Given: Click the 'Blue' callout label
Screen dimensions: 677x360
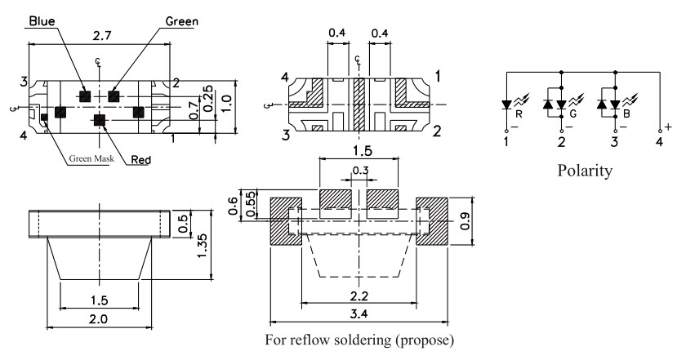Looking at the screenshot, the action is tap(42, 20).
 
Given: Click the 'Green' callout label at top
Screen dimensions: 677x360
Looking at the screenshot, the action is tap(182, 21).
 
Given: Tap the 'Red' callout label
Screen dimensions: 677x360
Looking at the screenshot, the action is tap(141, 160).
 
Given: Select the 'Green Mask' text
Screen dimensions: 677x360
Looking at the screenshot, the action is tap(91, 158).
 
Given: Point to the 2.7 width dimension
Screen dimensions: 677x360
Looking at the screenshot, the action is tap(102, 35).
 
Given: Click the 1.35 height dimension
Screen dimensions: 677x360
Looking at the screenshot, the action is tap(202, 246).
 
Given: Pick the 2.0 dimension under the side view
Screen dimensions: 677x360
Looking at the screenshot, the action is tap(98, 319).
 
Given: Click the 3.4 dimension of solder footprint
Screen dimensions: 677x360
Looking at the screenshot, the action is tap(359, 313).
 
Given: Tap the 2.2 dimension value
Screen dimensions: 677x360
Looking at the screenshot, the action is tap(359, 296).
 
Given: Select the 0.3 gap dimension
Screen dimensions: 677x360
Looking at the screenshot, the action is tap(360, 171).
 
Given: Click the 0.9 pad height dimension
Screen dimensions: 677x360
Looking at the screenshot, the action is tap(465, 221).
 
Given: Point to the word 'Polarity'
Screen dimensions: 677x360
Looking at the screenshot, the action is tap(585, 170).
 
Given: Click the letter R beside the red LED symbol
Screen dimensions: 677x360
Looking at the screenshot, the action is tap(519, 114).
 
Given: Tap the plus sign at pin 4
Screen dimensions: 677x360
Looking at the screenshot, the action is tap(668, 127).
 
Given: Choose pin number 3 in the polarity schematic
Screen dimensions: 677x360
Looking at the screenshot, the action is tap(614, 141).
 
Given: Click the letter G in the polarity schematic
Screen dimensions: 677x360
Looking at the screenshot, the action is tap(573, 114).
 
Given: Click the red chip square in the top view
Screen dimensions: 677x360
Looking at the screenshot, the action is tap(100, 120).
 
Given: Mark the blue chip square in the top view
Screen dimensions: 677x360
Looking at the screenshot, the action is tap(85, 96).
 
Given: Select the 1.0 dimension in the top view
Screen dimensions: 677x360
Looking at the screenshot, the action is tap(227, 104).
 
